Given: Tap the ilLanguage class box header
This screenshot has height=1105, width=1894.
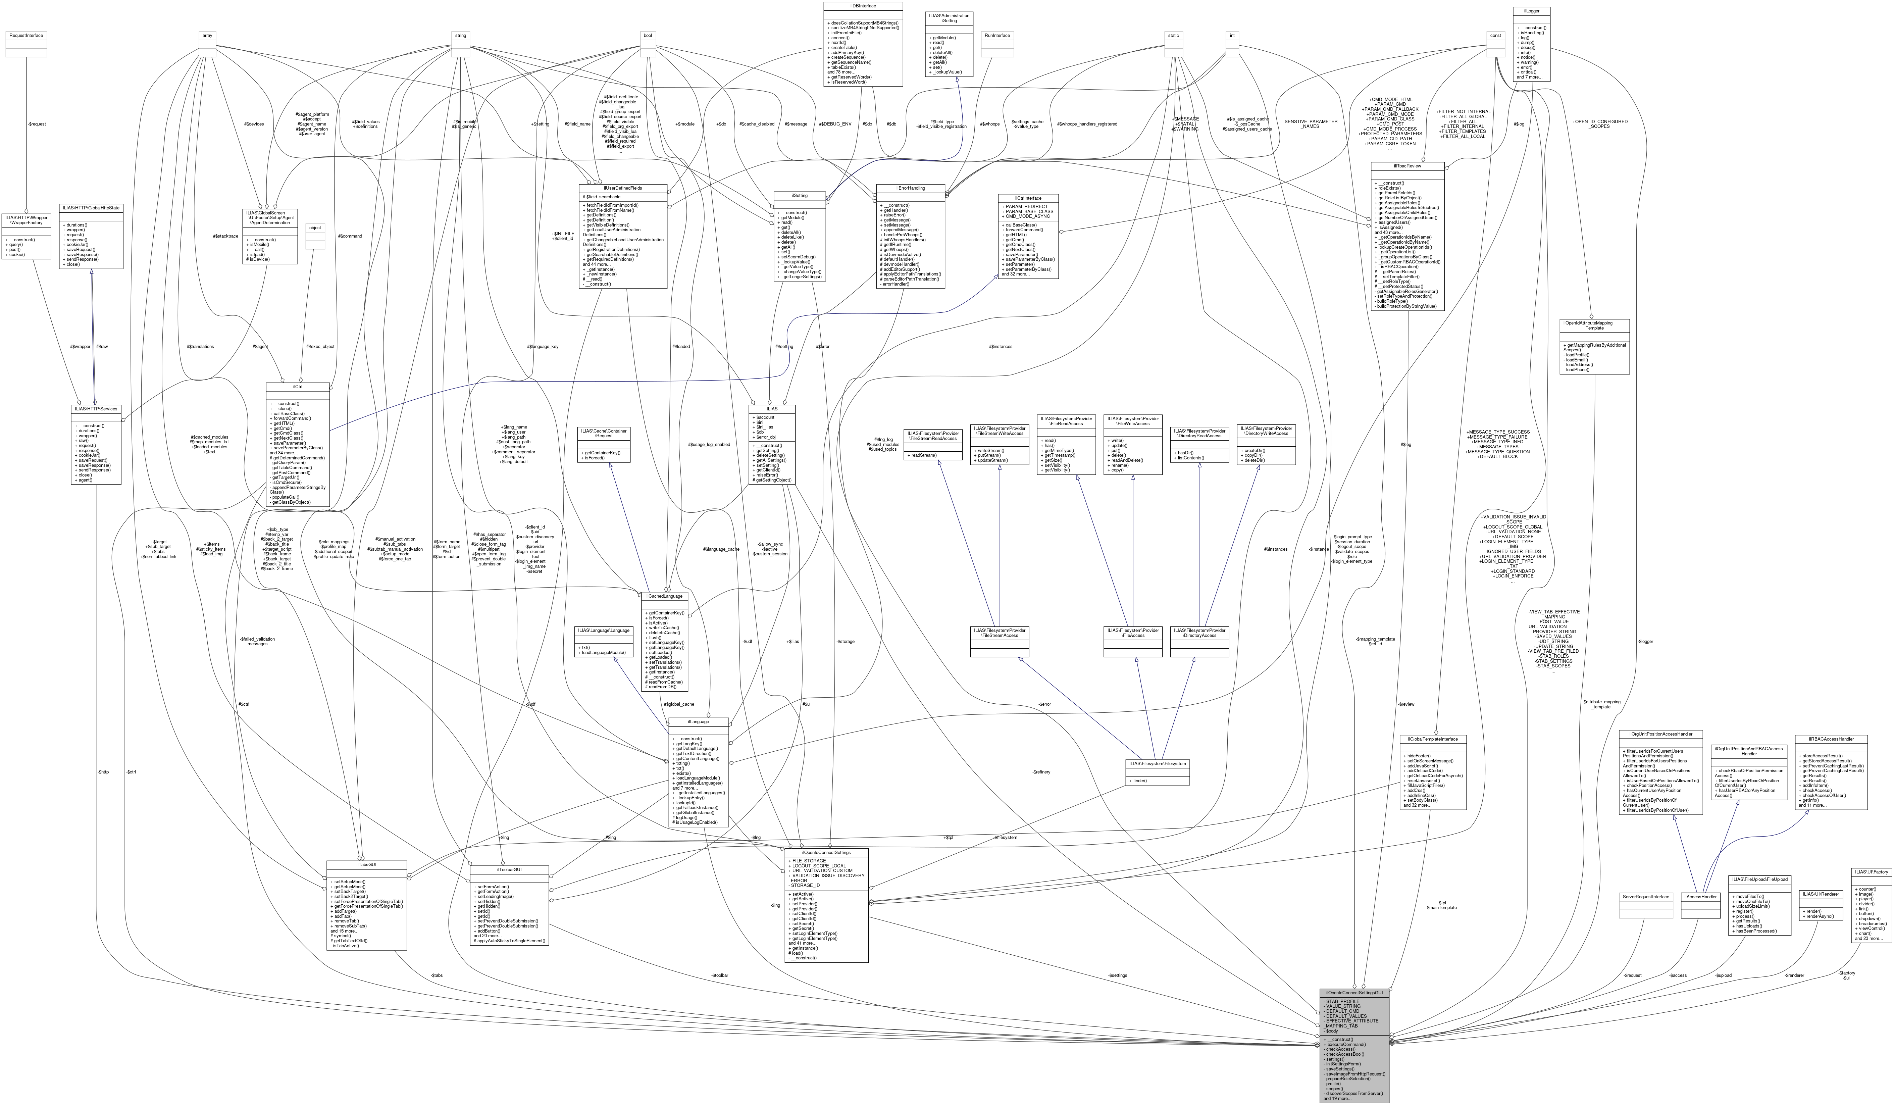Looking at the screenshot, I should (x=698, y=722).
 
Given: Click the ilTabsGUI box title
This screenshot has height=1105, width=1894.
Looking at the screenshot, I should (x=367, y=864).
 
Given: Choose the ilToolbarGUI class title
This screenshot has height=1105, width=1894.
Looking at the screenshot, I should (x=509, y=870).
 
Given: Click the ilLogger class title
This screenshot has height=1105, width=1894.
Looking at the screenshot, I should (x=1531, y=10).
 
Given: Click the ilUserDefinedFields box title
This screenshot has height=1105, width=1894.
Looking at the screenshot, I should (x=622, y=188).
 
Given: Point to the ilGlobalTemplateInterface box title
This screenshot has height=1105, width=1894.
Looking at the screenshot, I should (x=1433, y=739).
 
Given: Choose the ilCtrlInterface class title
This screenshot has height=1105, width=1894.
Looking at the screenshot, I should (x=1028, y=198).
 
